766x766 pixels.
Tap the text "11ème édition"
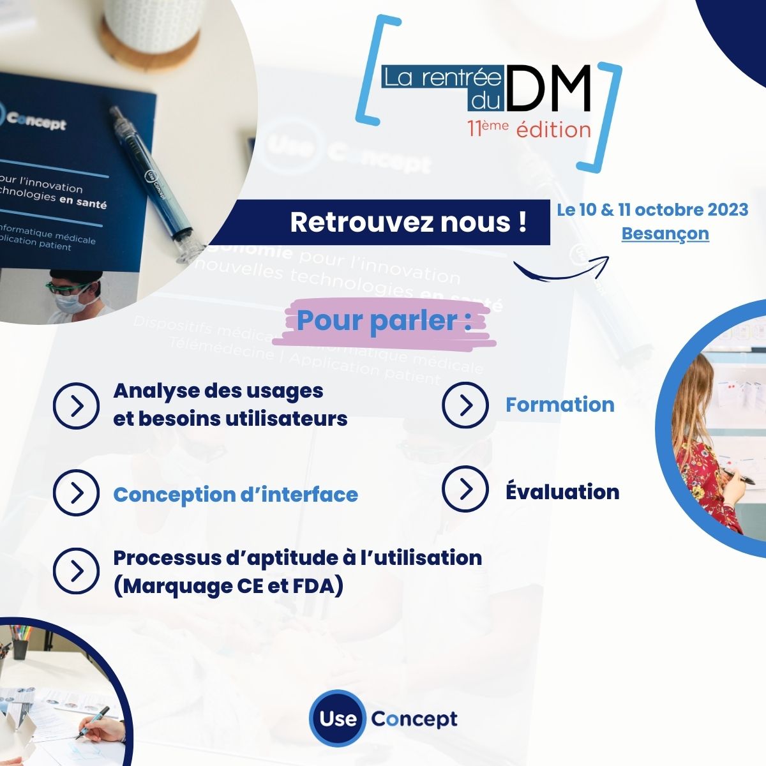pos(529,129)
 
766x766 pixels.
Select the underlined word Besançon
pos(665,234)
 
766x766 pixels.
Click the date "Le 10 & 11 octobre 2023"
pos(652,210)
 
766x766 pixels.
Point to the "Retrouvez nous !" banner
pos(409,222)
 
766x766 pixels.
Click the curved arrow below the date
pos(561,269)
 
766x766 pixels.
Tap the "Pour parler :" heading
pos(384,320)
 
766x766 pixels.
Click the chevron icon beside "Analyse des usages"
pos(76,406)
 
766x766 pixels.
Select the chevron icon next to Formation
pos(465,405)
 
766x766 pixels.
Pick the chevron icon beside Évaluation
pos(465,489)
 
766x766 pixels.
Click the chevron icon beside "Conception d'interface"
pos(76,493)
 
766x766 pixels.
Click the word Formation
pos(560,405)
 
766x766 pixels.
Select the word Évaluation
pos(562,492)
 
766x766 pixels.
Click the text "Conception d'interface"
pos(236,495)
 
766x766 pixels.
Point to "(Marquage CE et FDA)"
pos(228,585)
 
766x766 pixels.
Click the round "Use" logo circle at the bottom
pos(337,719)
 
